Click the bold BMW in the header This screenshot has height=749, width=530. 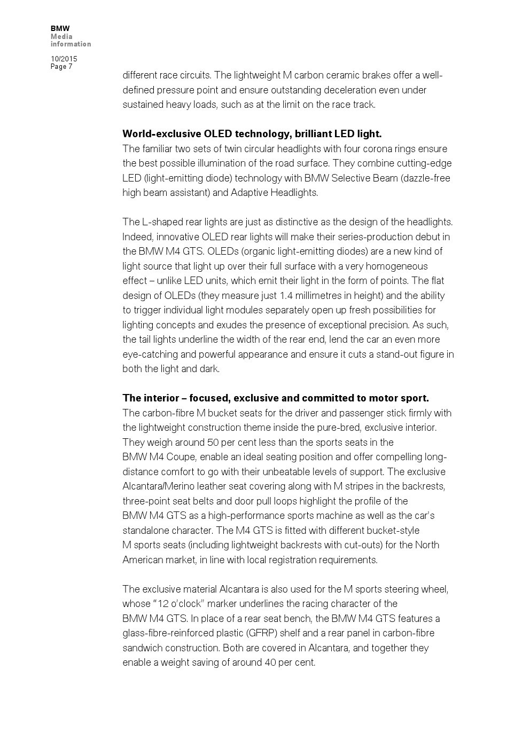coord(60,28)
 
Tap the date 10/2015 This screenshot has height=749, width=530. coord(64,59)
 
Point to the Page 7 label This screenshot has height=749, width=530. coord(61,67)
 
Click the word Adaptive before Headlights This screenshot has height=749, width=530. coord(249,193)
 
